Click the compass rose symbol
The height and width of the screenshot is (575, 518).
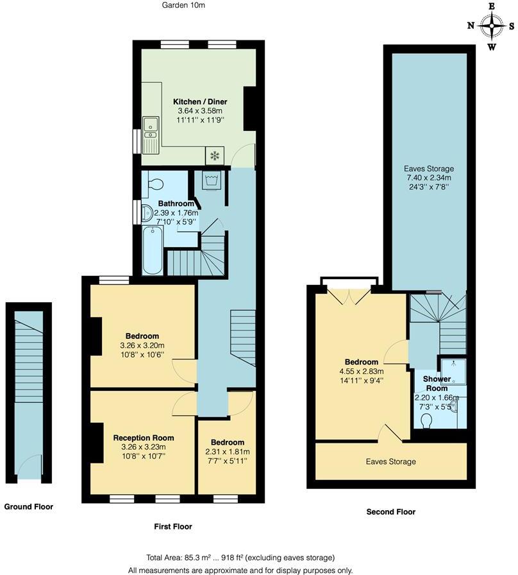[491, 26]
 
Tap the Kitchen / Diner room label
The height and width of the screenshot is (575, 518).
[200, 101]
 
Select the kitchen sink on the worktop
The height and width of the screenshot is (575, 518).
[151, 128]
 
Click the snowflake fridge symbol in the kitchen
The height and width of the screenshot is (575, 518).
[215, 156]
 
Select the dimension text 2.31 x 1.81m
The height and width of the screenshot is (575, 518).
[228, 452]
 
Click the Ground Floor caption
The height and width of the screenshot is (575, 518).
[29, 506]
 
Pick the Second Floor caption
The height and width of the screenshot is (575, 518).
[390, 511]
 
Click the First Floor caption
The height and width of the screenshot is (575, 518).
[173, 526]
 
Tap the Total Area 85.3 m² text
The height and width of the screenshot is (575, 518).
[232, 558]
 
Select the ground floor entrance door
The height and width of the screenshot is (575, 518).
[29, 470]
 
